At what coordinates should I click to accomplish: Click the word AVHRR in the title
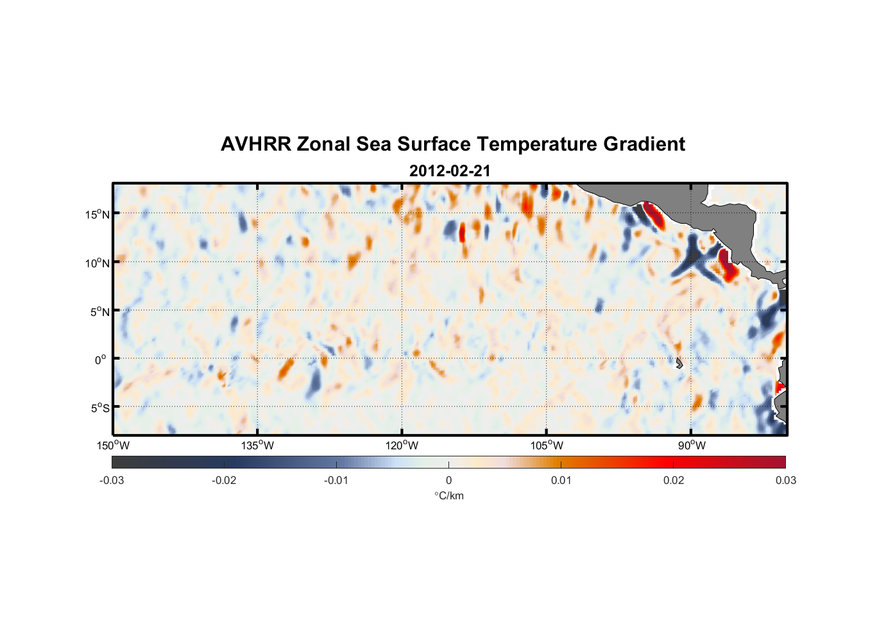(255, 144)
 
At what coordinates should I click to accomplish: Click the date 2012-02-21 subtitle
(450, 171)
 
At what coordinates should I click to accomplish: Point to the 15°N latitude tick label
(98, 214)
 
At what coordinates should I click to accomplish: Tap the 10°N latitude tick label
(98, 263)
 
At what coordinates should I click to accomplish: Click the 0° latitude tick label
(101, 360)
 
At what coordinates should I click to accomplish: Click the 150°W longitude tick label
(113, 445)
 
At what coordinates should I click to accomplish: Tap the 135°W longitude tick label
(257, 445)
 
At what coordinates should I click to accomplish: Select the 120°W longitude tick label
(402, 445)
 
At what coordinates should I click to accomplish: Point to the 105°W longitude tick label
(547, 445)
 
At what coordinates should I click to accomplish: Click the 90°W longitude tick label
(691, 445)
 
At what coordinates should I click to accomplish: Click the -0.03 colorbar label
(112, 481)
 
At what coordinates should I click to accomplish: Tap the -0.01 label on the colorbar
(336, 481)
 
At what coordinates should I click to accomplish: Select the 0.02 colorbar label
(674, 481)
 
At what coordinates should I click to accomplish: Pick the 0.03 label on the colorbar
(785, 481)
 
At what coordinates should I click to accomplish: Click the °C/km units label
(448, 495)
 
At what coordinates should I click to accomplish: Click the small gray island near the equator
(679, 363)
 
